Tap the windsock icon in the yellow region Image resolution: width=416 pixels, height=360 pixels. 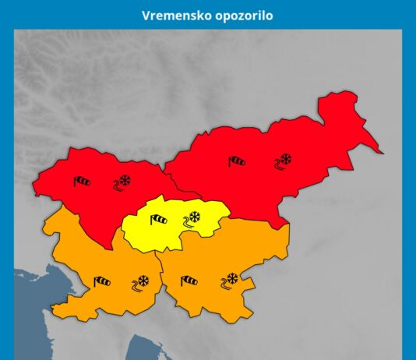158,221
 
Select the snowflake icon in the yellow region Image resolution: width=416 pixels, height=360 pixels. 196,217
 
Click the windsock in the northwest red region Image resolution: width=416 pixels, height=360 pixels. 82,182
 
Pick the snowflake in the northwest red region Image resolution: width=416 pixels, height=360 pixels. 124,180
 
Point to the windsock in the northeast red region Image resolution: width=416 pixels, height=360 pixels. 237,161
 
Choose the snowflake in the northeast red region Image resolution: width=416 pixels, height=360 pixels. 286,160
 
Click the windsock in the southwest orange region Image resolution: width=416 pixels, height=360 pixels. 102,281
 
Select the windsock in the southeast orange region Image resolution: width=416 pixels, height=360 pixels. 189,281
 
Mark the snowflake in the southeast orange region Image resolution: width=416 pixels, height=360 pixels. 231,277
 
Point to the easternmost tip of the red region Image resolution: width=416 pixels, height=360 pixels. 381,151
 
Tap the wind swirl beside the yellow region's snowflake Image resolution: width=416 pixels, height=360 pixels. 187,222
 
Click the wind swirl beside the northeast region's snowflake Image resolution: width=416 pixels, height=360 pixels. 277,165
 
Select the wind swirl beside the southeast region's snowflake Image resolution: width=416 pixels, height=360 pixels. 224,284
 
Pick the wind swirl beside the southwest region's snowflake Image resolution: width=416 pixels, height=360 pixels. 136,285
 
